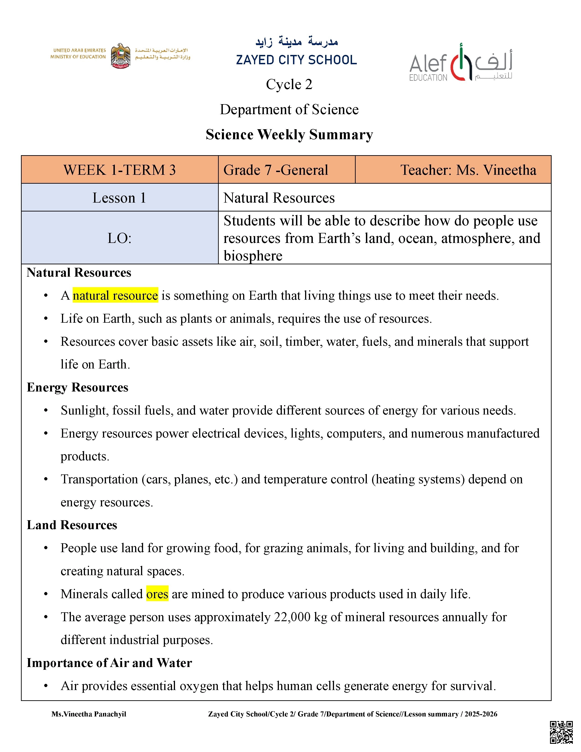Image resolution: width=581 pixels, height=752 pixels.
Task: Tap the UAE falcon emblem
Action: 120,56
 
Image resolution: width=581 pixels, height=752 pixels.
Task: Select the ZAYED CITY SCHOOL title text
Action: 296,60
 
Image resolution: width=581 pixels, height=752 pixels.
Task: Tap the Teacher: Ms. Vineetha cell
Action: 468,170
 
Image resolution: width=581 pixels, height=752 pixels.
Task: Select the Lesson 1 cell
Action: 119,198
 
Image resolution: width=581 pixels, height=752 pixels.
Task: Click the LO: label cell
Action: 119,238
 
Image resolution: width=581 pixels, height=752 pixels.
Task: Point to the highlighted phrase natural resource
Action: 115,295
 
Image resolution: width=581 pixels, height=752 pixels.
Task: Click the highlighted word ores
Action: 157,594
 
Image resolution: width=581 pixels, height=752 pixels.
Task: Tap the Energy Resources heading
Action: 77,387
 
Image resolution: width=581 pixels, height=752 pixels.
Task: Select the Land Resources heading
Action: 72,525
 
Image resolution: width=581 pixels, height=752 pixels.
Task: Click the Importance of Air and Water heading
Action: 109,663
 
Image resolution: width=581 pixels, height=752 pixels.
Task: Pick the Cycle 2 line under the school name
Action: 289,84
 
